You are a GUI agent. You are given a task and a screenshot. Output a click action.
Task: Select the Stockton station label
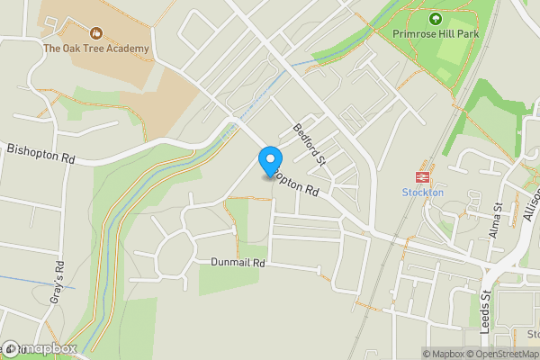[421, 192]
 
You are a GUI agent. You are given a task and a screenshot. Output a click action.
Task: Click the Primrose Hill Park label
[436, 33]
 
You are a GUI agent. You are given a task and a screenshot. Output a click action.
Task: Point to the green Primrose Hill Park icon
[436, 18]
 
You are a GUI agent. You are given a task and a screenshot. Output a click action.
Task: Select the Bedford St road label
[308, 146]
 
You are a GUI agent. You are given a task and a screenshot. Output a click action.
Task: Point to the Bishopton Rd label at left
[41, 155]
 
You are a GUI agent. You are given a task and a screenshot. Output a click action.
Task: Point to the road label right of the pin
[300, 186]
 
